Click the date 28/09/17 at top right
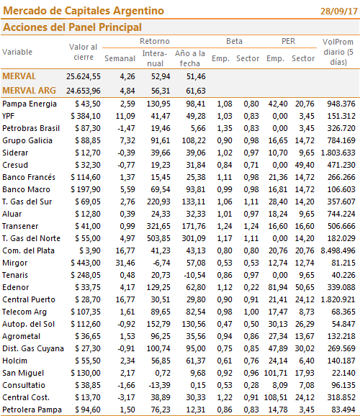(339, 12)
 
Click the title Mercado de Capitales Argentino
(84, 11)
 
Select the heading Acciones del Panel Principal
(72, 27)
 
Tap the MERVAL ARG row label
(30, 91)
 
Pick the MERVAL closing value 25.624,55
(84, 76)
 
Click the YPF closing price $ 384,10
(86, 116)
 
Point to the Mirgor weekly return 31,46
(125, 263)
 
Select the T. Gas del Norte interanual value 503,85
(158, 238)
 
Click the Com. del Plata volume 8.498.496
(338, 250)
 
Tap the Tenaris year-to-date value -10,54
(194, 275)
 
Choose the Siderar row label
(15, 153)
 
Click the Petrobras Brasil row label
(31, 128)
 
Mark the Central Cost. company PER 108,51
(276, 397)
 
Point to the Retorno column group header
(155, 41)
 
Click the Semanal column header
(120, 58)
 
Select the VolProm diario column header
(338, 52)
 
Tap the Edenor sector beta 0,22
(251, 287)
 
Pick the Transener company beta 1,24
(225, 226)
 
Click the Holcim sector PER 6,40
(307, 361)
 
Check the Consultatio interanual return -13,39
(159, 385)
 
